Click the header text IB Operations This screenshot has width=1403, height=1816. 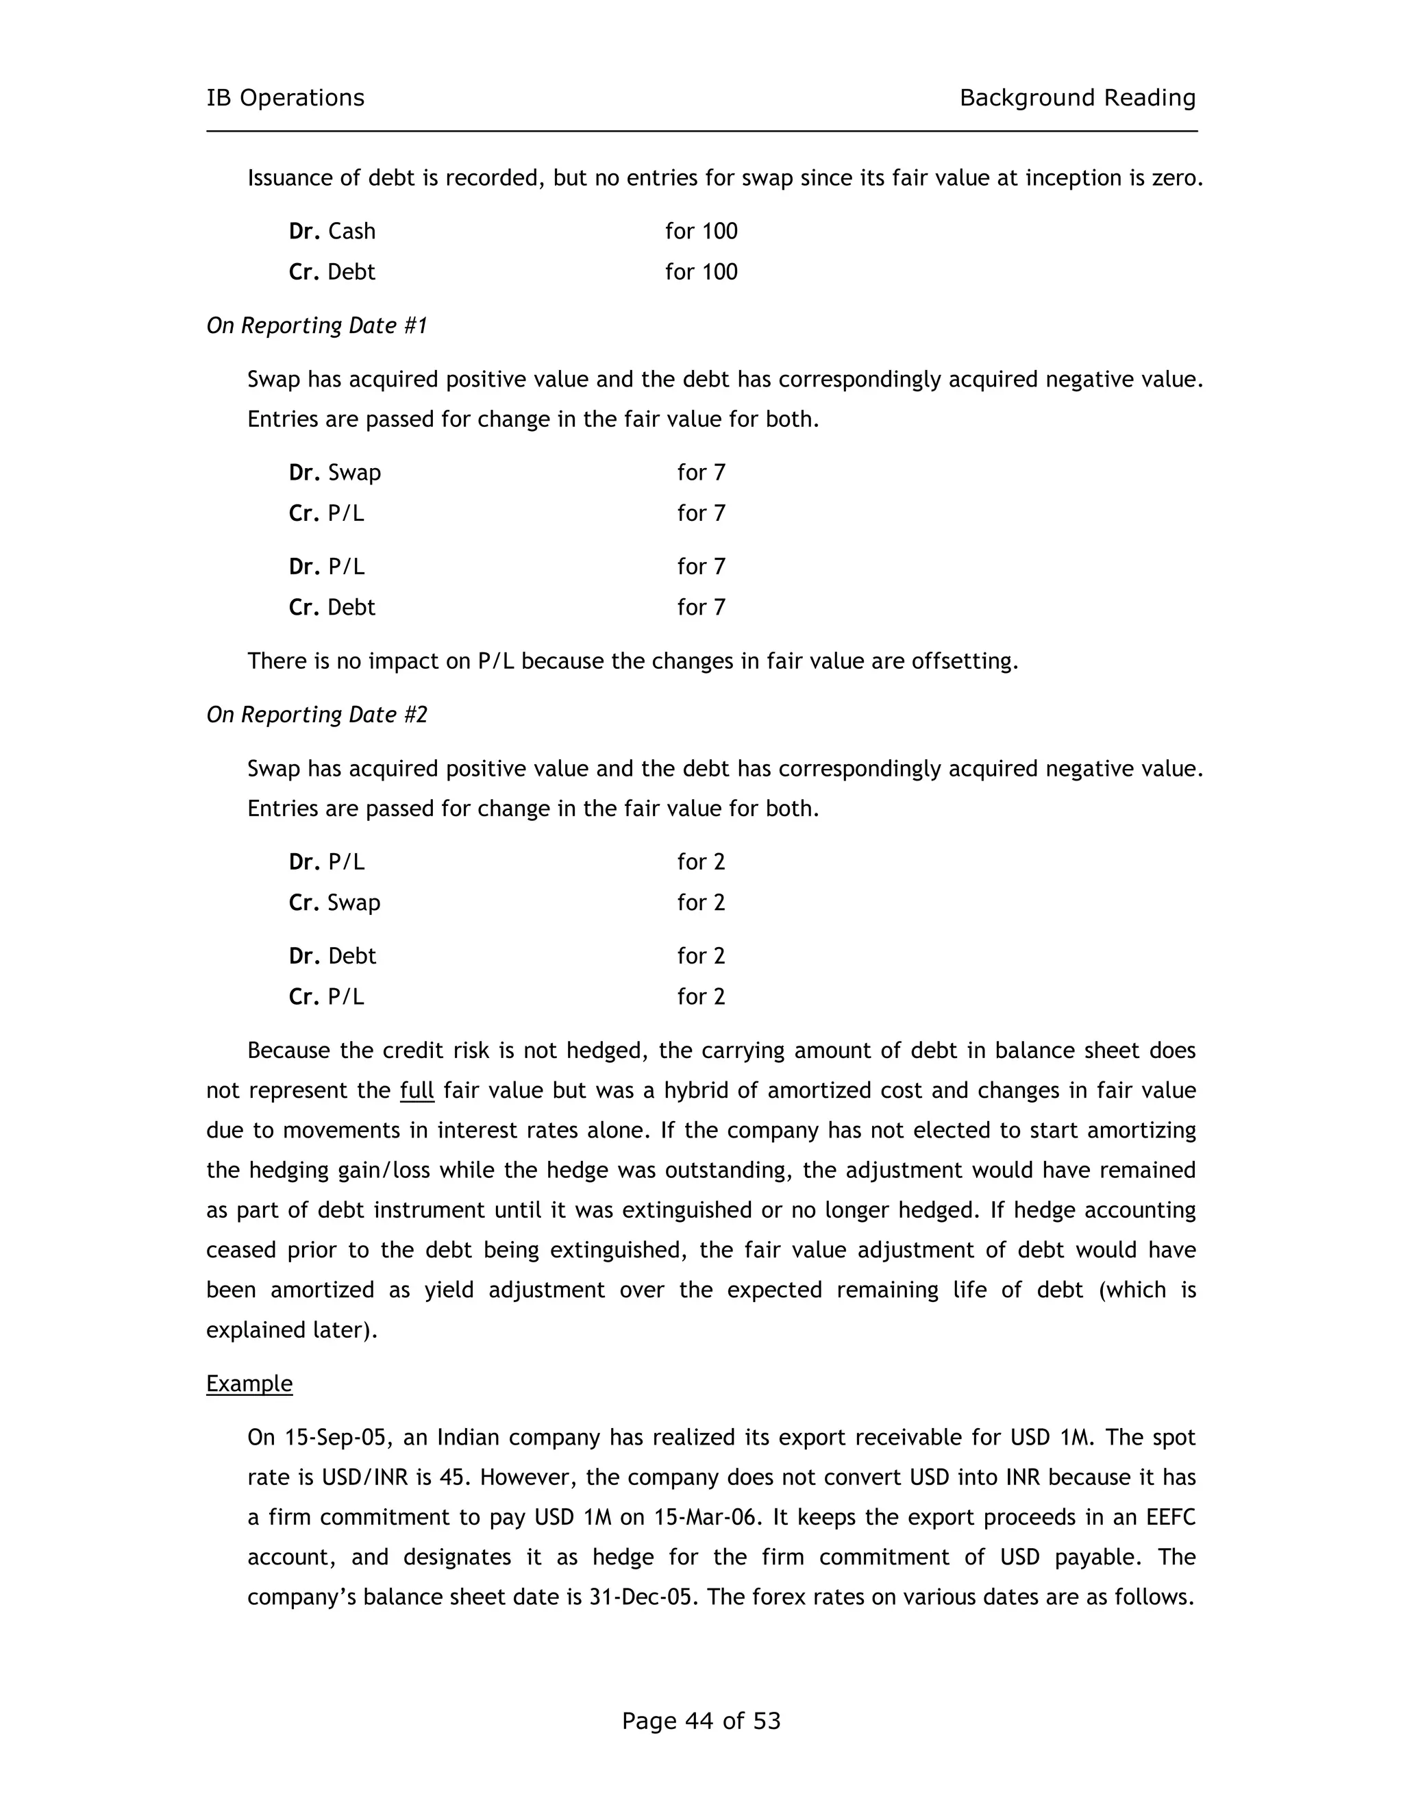pyautogui.click(x=285, y=98)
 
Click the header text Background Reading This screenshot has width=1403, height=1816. pyautogui.click(x=1077, y=98)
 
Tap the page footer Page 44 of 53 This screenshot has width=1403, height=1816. pyautogui.click(x=701, y=1720)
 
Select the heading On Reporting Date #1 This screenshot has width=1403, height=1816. pyautogui.click(x=316, y=326)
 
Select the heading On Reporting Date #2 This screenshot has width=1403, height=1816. pyautogui.click(x=316, y=715)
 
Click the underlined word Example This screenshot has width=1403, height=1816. pyautogui.click(x=249, y=1384)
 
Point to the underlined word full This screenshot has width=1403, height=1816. pyautogui.click(x=417, y=1091)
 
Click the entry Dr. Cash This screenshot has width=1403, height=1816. pyautogui.click(x=332, y=231)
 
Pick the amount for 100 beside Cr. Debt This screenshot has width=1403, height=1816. pyautogui.click(x=701, y=272)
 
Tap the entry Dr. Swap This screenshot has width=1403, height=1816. pyautogui.click(x=335, y=473)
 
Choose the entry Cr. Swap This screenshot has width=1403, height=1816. pyautogui.click(x=335, y=903)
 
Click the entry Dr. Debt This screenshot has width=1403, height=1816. pyautogui.click(x=332, y=956)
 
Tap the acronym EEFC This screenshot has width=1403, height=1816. pyautogui.click(x=1170, y=1517)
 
